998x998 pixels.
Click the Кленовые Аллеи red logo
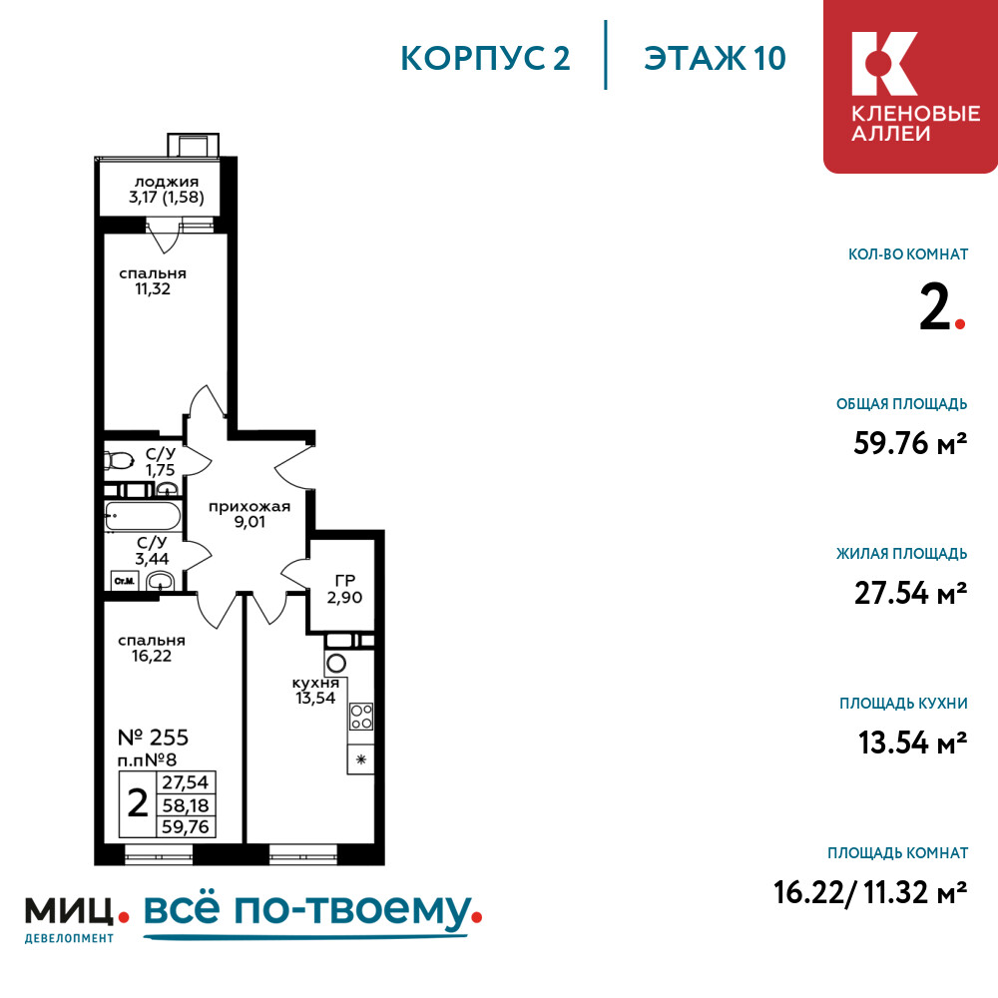coord(910,86)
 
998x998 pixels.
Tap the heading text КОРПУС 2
coord(485,59)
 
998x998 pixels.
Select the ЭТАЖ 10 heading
coord(715,59)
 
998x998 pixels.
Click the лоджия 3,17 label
coord(166,190)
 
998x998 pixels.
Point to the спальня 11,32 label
coord(153,280)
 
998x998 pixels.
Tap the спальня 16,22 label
coord(152,648)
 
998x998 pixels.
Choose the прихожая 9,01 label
coord(249,514)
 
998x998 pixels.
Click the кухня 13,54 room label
coord(315,691)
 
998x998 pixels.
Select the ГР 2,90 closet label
coord(344,589)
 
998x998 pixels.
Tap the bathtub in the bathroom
coord(143,516)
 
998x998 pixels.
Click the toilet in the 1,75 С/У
coord(119,459)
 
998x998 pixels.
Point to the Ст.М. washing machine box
coord(125,581)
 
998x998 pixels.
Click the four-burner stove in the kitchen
coord(361,716)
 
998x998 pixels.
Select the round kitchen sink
coord(336,664)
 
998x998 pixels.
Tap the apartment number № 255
coord(154,738)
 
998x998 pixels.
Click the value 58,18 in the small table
coord(186,805)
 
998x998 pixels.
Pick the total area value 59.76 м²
coord(910,443)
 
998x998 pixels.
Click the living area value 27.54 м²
coord(911,593)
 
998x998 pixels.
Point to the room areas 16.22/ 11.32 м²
coord(870,892)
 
